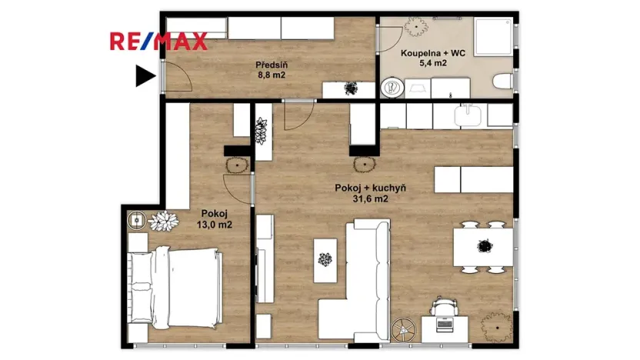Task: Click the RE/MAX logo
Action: point(158,41)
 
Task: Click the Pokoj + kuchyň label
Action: point(370,188)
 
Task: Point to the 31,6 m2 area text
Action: point(370,199)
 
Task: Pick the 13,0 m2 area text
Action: point(216,225)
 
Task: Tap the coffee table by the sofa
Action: point(326,261)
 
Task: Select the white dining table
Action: point(482,247)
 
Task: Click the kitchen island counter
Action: point(473,179)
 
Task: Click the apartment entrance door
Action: point(175,76)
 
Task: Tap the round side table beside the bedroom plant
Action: point(137,220)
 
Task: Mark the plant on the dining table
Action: point(485,247)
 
